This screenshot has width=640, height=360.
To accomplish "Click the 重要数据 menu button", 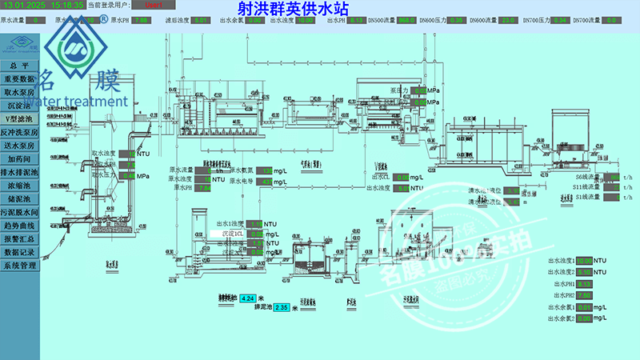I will (x=19, y=79).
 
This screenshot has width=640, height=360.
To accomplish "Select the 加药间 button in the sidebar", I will (x=19, y=158).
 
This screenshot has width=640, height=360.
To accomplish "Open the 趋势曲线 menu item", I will (x=19, y=225).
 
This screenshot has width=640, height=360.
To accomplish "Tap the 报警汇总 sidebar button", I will (x=19, y=238).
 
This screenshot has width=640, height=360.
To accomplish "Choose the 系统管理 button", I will (x=19, y=265).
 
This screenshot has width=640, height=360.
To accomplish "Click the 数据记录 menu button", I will (x=19, y=251).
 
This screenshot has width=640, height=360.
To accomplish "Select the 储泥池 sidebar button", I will (x=19, y=198).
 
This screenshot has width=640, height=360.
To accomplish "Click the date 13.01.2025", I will (x=24, y=6).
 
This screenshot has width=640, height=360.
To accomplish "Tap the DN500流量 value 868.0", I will (x=407, y=20).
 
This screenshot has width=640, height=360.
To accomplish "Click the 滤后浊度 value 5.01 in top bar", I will (x=201, y=20).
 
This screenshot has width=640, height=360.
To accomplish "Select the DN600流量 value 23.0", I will (x=507, y=20).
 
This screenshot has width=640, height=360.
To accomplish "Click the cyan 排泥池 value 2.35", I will (x=281, y=307).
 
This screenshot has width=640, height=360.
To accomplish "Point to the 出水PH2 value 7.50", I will (x=584, y=295).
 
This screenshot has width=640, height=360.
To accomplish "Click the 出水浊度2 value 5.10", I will (x=584, y=272).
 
